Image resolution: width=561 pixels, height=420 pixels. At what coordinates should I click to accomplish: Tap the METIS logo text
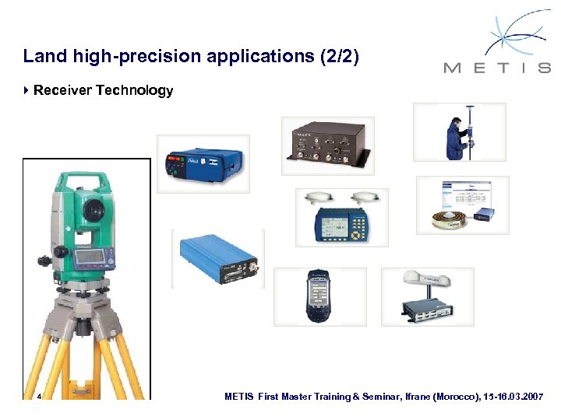tap(496, 68)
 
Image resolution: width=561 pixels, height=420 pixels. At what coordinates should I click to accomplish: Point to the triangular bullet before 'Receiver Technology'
tap(27, 91)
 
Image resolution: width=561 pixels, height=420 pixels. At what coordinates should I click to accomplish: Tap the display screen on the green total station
tap(91, 257)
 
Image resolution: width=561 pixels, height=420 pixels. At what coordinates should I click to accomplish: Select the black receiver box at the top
tap(327, 145)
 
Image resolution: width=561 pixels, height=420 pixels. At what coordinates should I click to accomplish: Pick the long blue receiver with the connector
tap(217, 258)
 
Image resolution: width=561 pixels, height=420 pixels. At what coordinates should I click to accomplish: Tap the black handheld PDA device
tap(319, 296)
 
